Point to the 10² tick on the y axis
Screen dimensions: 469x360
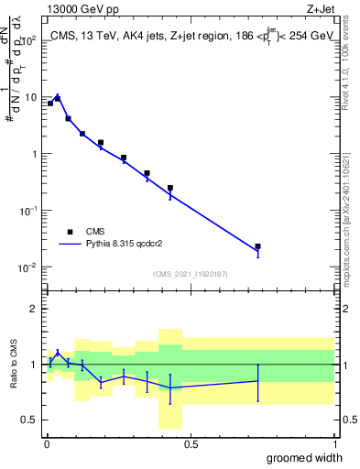(30, 40)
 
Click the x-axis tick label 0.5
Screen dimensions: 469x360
(191, 444)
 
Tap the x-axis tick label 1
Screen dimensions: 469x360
(334, 444)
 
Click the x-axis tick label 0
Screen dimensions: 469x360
(47, 444)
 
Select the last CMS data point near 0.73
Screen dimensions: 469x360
(258, 246)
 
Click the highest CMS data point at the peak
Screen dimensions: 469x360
(58, 98)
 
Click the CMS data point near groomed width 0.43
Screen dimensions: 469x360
(170, 188)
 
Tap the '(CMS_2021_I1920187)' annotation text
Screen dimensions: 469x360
(190, 274)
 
